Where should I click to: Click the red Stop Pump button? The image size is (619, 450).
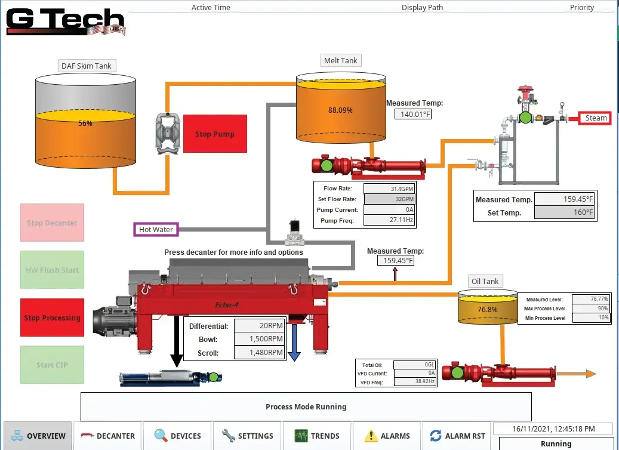(x=215, y=134)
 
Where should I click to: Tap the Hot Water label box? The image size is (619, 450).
(x=156, y=229)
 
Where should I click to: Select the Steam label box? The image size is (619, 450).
(x=595, y=118)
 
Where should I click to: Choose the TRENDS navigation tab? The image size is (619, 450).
(x=317, y=436)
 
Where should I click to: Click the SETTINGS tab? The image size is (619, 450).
(x=247, y=436)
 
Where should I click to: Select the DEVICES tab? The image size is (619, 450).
(x=177, y=436)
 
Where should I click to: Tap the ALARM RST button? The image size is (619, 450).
(x=457, y=436)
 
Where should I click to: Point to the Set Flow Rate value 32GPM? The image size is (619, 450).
(x=389, y=199)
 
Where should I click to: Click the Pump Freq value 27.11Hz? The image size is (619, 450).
(x=389, y=220)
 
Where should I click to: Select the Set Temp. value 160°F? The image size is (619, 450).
(x=565, y=212)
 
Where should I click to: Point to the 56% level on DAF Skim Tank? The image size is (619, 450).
(x=85, y=124)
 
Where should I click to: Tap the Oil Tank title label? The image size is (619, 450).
(x=485, y=281)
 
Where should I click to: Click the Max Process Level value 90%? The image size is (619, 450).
(x=591, y=309)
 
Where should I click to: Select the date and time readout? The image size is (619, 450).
(x=553, y=429)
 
